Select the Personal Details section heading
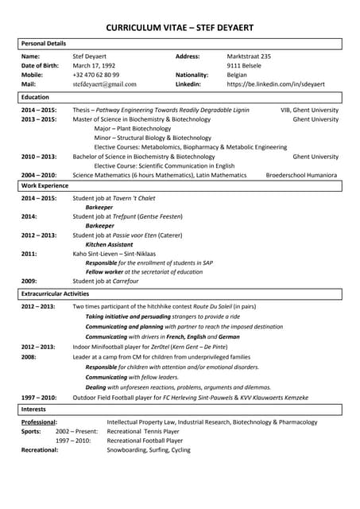[44, 43]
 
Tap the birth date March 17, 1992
[94, 65]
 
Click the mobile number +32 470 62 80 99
[96, 74]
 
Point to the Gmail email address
[104, 84]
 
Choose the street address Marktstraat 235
[249, 56]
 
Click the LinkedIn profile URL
[275, 84]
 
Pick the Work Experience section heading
[45, 185]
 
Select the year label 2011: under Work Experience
[29, 254]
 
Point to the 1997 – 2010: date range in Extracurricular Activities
[38, 397]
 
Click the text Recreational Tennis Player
[144, 431]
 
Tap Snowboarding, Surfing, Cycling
[149, 449]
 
